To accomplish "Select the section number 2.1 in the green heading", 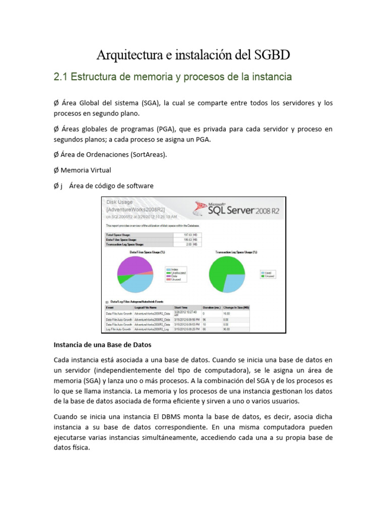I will [x=60, y=77].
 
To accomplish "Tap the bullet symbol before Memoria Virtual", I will [x=56, y=170].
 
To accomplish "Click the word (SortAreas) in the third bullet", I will [x=148, y=155].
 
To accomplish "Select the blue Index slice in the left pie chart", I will [x=137, y=284].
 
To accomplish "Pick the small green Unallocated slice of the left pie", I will [x=122, y=279].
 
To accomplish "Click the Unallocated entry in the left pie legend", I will [x=178, y=273].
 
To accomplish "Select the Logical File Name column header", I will [x=146, y=307].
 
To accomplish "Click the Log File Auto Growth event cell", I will [x=118, y=329].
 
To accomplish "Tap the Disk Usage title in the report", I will [x=119, y=202].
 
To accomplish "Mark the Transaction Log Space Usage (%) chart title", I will [x=236, y=251].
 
